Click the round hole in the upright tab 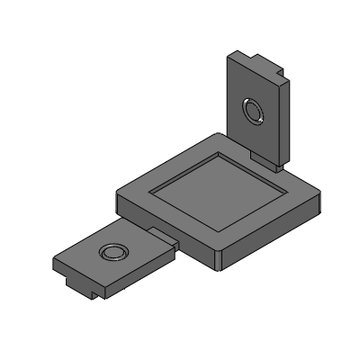[x=252, y=112]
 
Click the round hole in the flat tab [x=113, y=251]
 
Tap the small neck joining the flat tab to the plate [x=163, y=233]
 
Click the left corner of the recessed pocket [x=151, y=192]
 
